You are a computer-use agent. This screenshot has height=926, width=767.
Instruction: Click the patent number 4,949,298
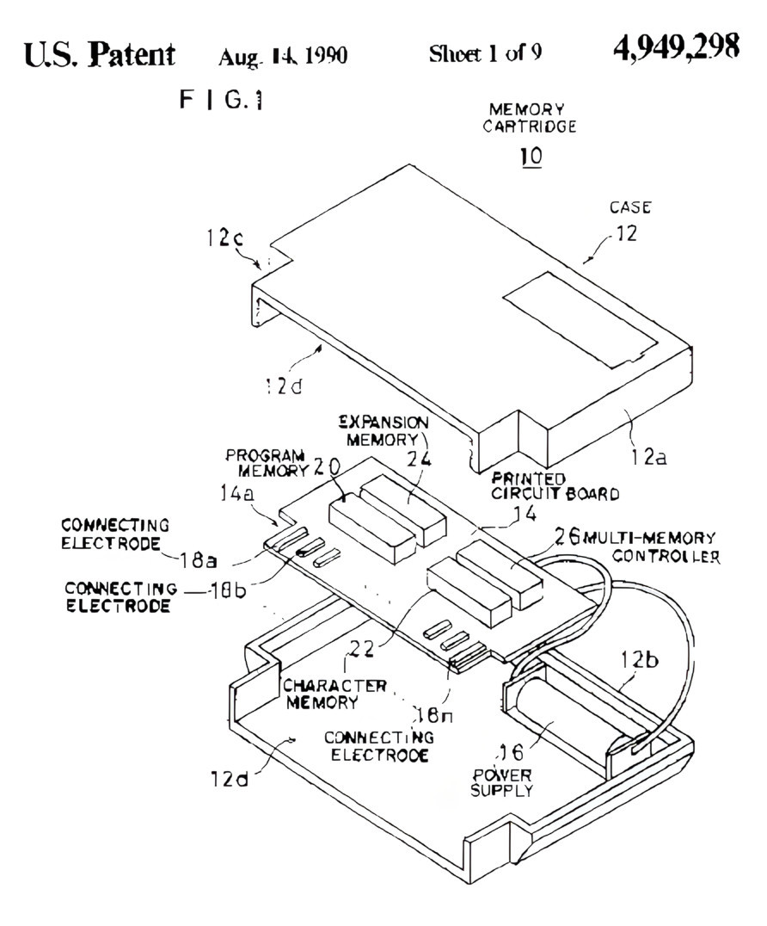pos(676,48)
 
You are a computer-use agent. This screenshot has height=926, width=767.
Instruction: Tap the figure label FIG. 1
pos(221,101)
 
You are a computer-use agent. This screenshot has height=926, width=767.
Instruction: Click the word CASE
pos(630,207)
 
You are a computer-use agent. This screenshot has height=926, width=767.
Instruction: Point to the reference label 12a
pos(645,458)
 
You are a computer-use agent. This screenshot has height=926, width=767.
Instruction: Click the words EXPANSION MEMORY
pos(383,431)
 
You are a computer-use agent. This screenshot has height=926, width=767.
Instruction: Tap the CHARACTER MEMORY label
pos(334,694)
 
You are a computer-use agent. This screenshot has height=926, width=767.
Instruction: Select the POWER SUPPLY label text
pos(501,783)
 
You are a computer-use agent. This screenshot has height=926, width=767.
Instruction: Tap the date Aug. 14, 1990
pos(282,57)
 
